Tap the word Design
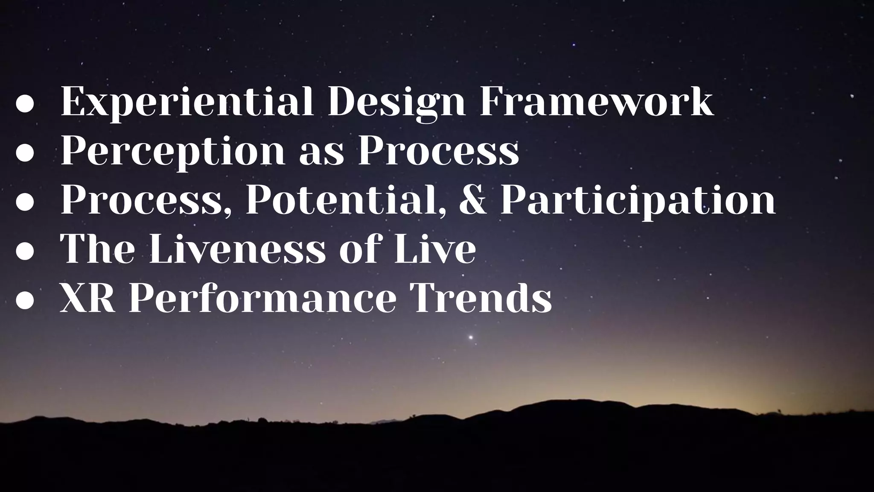click(x=396, y=102)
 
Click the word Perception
click(x=173, y=152)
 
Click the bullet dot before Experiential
click(x=24, y=105)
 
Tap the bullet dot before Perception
click(x=24, y=154)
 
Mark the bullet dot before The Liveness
click(x=24, y=252)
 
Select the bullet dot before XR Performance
click(x=24, y=301)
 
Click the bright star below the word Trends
click(x=471, y=337)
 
